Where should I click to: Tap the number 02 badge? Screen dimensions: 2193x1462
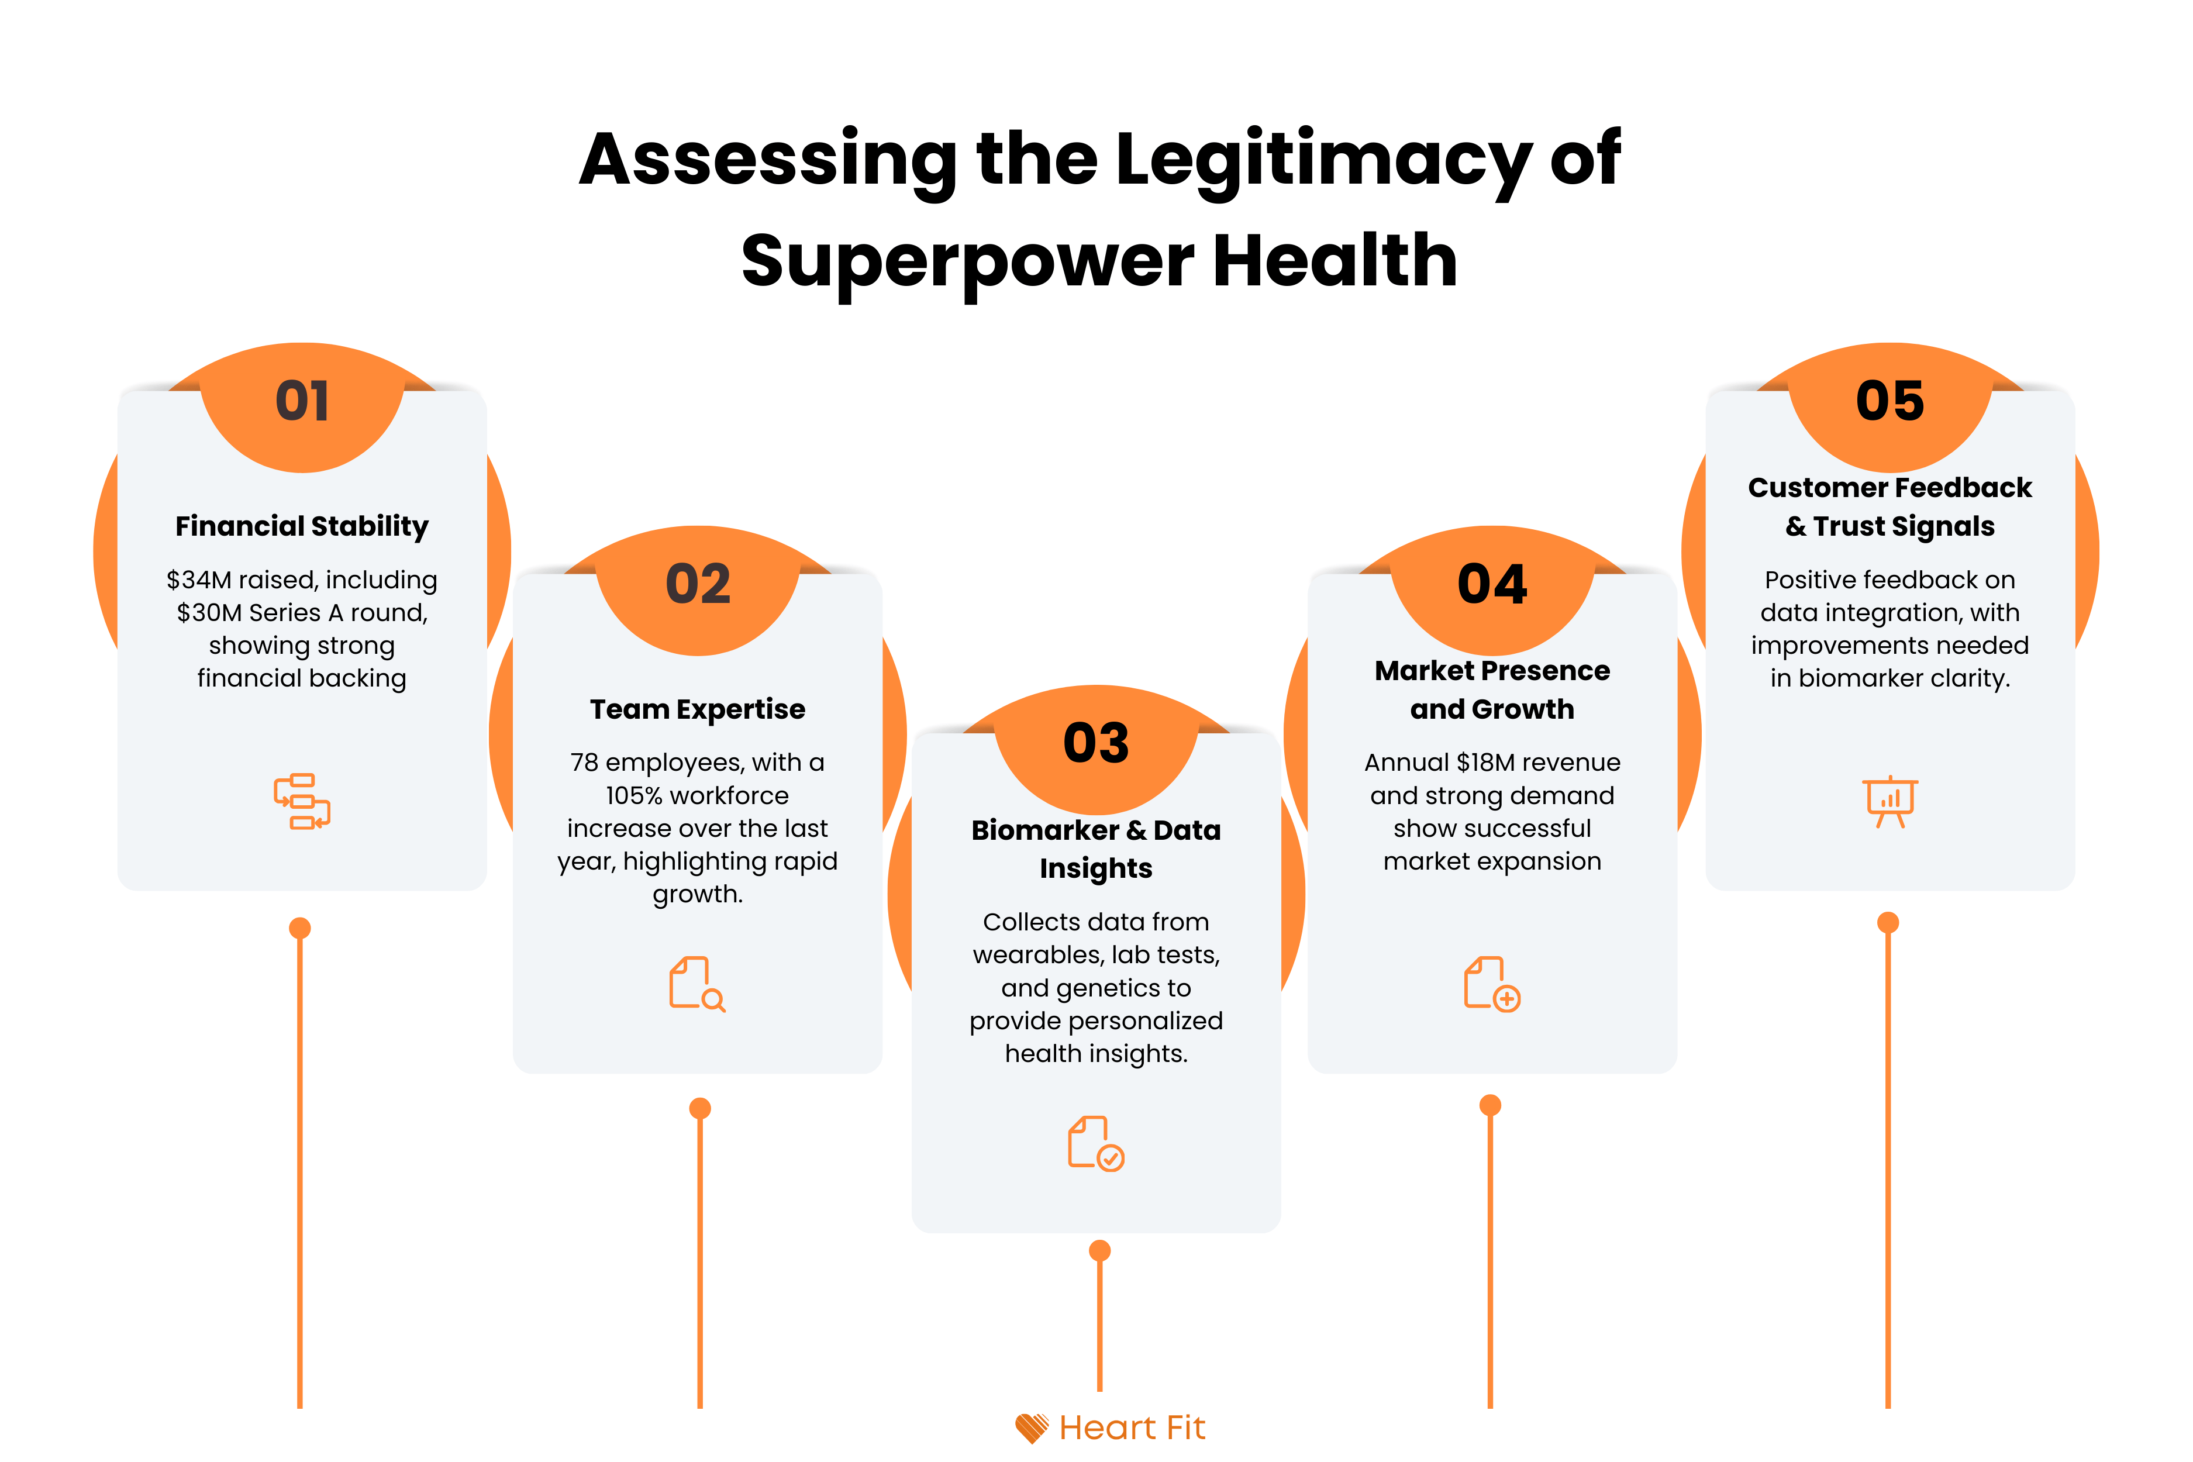click(698, 585)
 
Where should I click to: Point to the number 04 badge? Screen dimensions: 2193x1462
click(1492, 585)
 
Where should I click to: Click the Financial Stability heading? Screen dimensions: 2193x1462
click(302, 526)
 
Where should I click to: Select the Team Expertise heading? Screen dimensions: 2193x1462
click(698, 709)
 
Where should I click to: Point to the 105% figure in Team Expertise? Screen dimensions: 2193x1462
click(633, 795)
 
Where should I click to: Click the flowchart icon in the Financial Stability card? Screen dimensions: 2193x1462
click(302, 801)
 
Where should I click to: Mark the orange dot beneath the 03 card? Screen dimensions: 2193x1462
click(1099, 1250)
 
